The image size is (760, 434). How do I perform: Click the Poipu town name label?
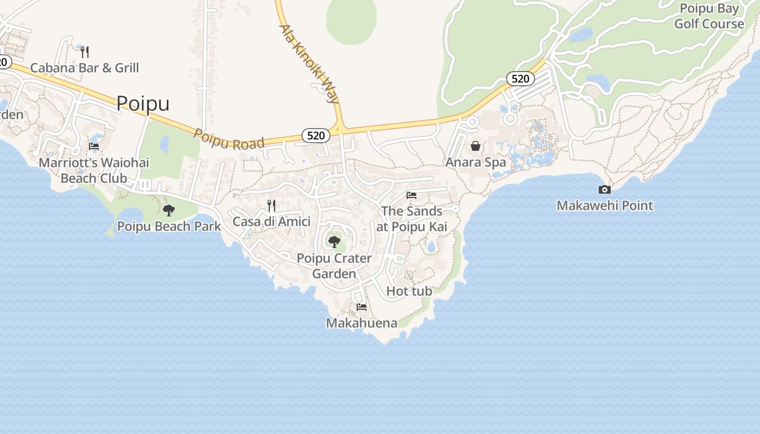(x=143, y=103)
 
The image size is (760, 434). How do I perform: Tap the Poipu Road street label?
(x=229, y=140)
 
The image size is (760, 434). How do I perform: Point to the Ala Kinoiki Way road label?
(x=309, y=63)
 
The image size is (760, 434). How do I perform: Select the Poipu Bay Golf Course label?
(x=709, y=16)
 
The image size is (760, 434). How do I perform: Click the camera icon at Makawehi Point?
(x=604, y=189)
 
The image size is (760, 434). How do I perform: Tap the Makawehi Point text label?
(x=605, y=206)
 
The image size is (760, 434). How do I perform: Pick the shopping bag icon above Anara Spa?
(x=476, y=146)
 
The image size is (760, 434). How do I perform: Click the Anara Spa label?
(x=476, y=162)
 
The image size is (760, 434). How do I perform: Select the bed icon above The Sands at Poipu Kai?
(x=411, y=195)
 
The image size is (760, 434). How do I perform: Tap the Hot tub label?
(x=409, y=291)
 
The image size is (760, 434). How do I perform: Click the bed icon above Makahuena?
(x=362, y=307)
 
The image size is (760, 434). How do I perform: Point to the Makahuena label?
(x=362, y=323)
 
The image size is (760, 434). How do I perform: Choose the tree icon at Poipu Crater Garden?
(x=334, y=241)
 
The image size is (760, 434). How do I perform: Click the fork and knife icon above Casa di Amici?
(x=271, y=205)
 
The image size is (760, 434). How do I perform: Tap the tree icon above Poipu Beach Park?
(x=169, y=210)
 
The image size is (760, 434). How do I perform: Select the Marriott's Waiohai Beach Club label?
(x=94, y=170)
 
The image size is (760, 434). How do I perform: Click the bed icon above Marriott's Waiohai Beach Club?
(x=94, y=146)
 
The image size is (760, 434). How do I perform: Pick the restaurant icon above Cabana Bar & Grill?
(x=85, y=52)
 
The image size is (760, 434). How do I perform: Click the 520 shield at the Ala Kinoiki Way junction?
(x=315, y=135)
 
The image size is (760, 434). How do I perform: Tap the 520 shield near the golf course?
(x=520, y=79)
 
